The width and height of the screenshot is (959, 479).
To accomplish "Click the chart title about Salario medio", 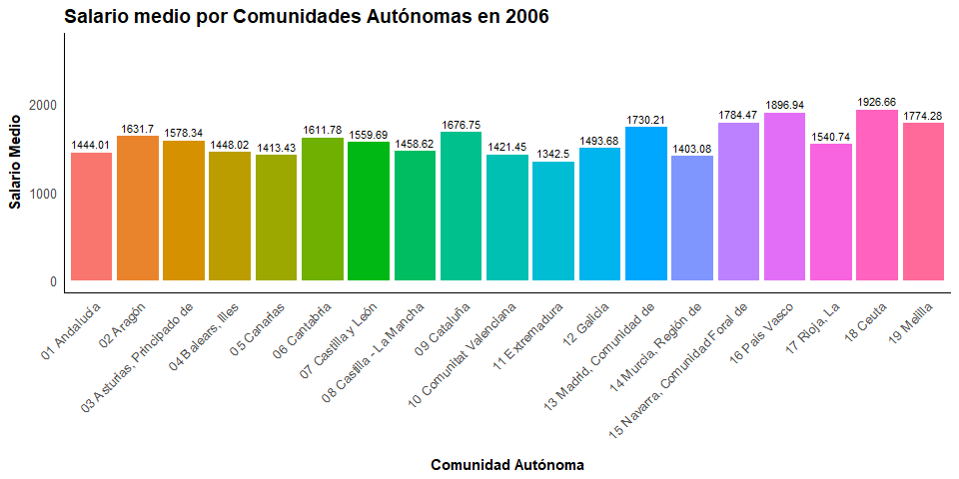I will [307, 17].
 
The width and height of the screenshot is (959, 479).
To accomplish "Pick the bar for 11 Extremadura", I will [553, 221].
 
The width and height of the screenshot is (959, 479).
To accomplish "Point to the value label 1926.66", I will [877, 102].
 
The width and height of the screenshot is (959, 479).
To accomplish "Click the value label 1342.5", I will [553, 154].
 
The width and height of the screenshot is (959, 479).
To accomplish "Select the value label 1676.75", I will [461, 125].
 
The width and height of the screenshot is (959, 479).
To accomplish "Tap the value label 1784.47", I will [738, 115].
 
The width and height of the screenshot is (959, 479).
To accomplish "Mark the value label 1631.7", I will [138, 129].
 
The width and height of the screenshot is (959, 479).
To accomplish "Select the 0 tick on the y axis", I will [53, 281].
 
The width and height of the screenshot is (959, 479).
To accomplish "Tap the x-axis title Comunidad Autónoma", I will [507, 465].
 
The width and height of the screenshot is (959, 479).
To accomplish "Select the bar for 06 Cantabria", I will [322, 209].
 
